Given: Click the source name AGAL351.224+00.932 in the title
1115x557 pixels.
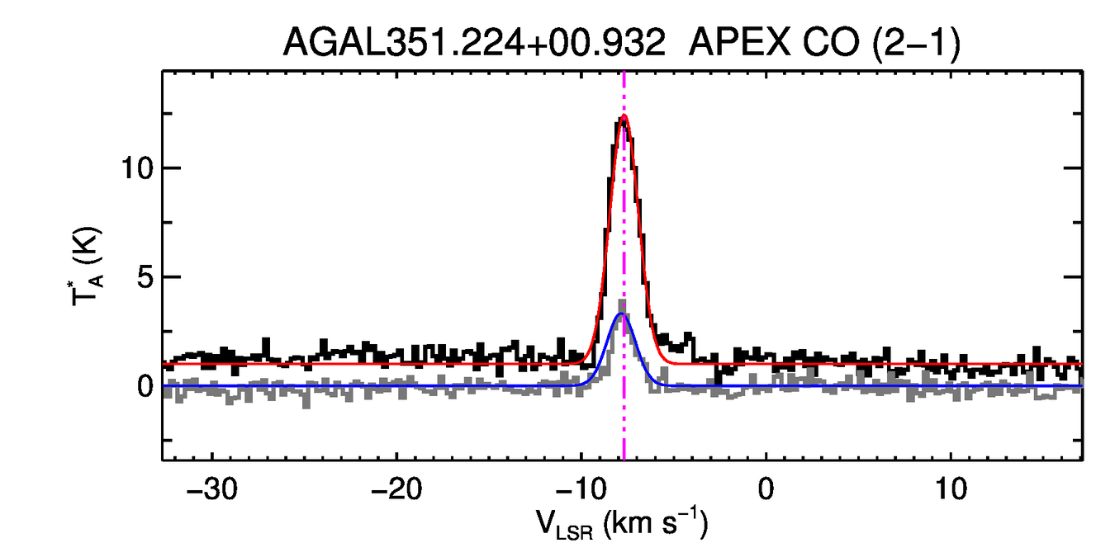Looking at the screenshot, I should (474, 42).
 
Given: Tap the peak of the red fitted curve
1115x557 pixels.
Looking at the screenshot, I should (624, 116).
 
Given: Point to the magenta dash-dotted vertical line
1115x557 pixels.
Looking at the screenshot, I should (624, 413).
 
